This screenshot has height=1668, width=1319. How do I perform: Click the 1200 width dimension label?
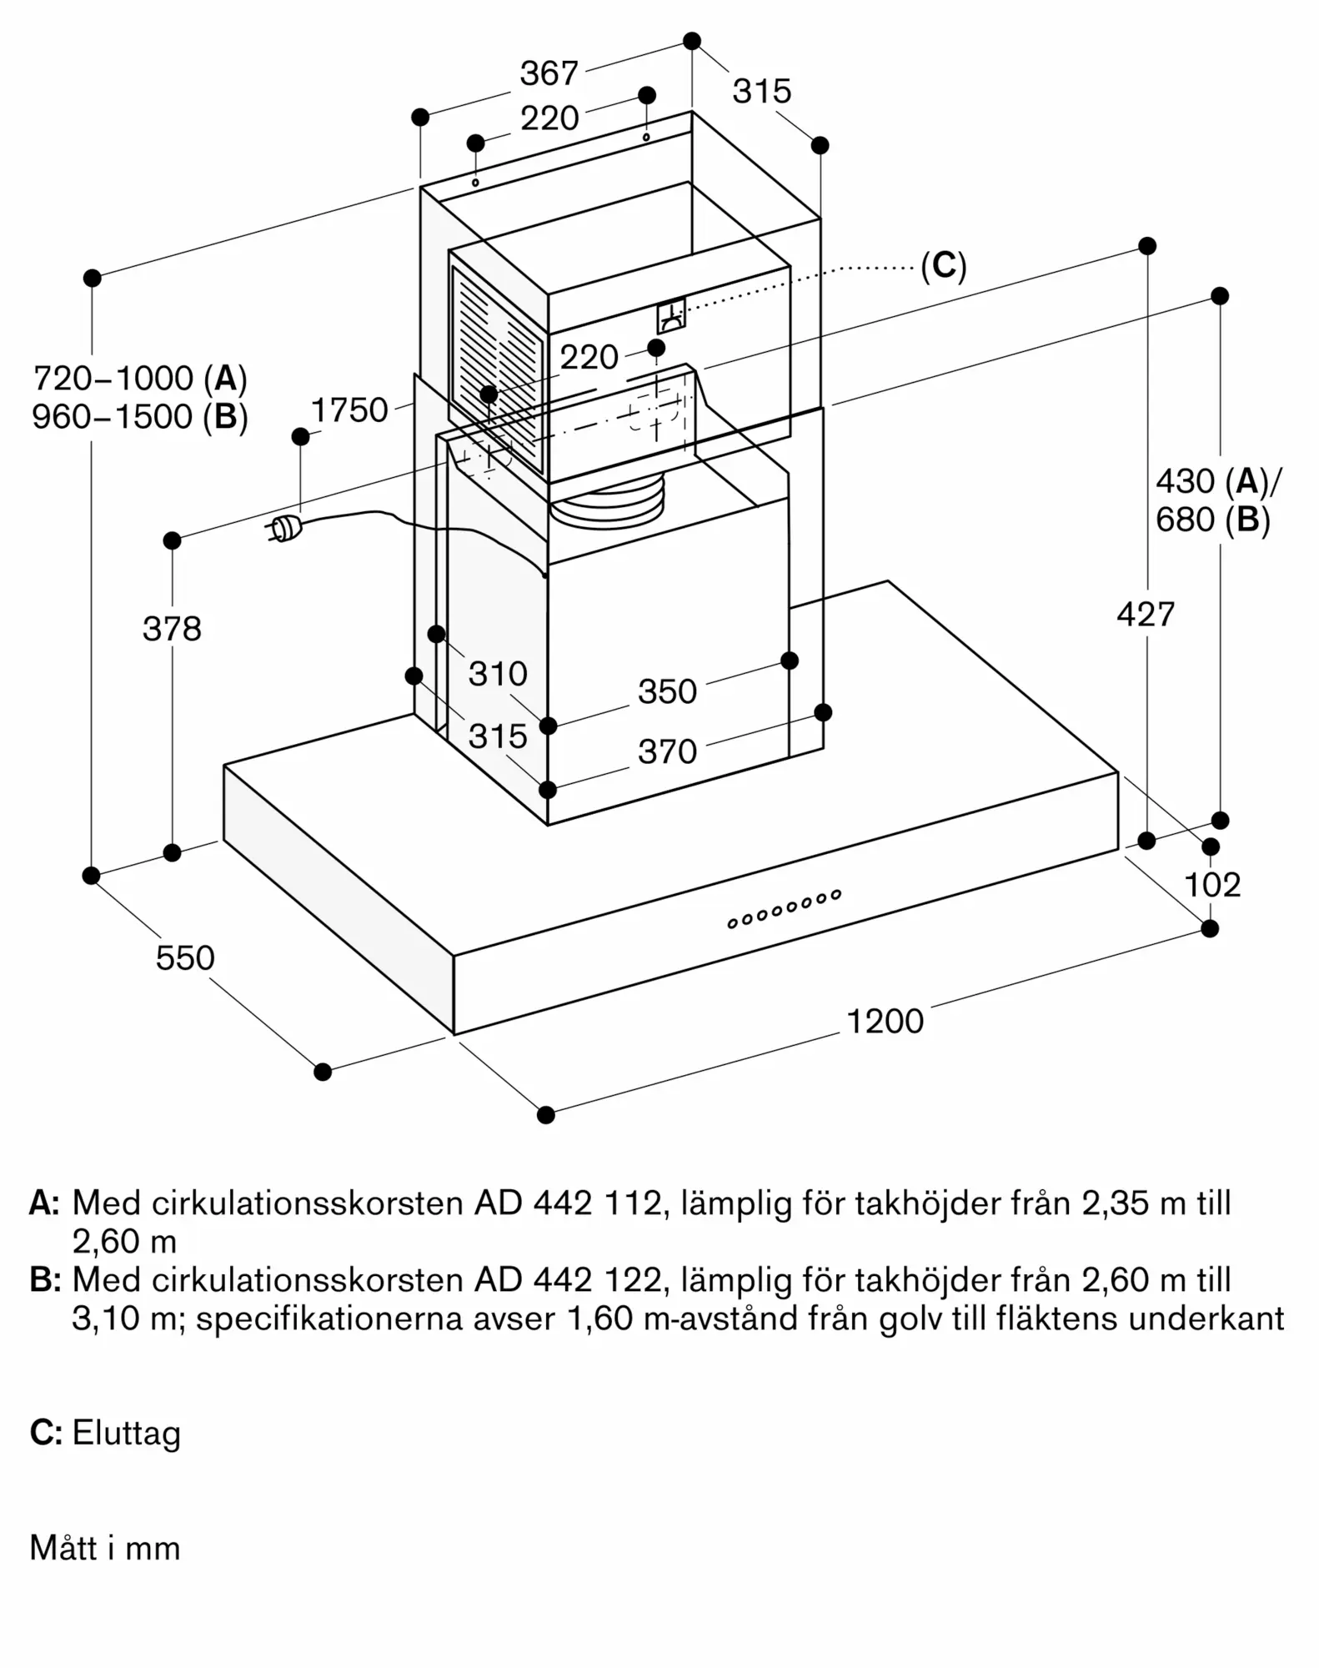click(885, 1021)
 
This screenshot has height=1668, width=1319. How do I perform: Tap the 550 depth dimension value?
click(185, 957)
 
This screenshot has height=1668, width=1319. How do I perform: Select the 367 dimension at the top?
click(549, 73)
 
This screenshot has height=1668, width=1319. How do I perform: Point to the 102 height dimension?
click(1212, 884)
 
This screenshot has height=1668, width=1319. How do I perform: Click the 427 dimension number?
click(1146, 615)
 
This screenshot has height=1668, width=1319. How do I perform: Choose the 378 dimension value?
click(172, 629)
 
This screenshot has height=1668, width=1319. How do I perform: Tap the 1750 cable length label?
click(349, 410)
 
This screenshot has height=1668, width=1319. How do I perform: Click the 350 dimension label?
click(667, 691)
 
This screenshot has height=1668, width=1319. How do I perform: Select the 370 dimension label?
click(667, 751)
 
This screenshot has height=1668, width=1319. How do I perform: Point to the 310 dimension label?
click(498, 673)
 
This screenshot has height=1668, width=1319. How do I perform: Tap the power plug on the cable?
click(283, 530)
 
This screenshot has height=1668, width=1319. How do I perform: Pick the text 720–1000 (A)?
click(140, 379)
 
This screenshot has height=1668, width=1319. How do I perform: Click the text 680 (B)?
click(1212, 520)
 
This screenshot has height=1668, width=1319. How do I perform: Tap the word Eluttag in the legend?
click(127, 1433)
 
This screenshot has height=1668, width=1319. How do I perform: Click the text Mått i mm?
click(105, 1548)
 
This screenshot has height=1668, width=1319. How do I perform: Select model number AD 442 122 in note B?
click(572, 1279)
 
